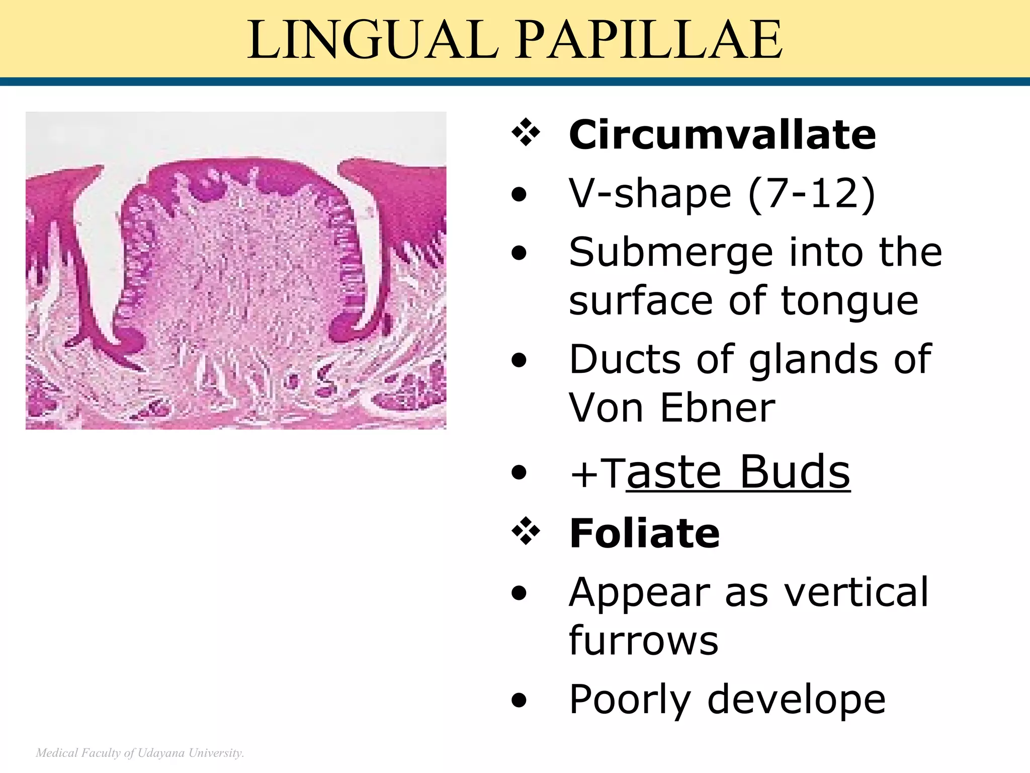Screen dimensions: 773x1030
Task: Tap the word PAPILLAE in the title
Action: click(649, 40)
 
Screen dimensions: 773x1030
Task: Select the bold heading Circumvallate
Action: click(722, 135)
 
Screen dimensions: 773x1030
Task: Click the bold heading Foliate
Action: click(644, 533)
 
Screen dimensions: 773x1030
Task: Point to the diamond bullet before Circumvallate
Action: click(526, 133)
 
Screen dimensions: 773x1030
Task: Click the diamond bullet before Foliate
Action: click(526, 531)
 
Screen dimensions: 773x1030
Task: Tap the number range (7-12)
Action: click(812, 194)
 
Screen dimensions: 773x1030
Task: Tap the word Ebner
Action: click(718, 408)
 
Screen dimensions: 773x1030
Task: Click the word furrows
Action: click(644, 641)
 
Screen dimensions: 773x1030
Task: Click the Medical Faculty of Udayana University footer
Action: click(140, 753)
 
